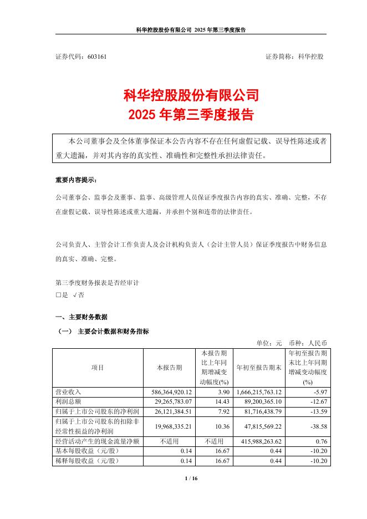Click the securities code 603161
(98, 57)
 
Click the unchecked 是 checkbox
(58, 296)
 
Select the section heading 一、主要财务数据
(81, 317)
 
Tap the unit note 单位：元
(269, 343)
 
